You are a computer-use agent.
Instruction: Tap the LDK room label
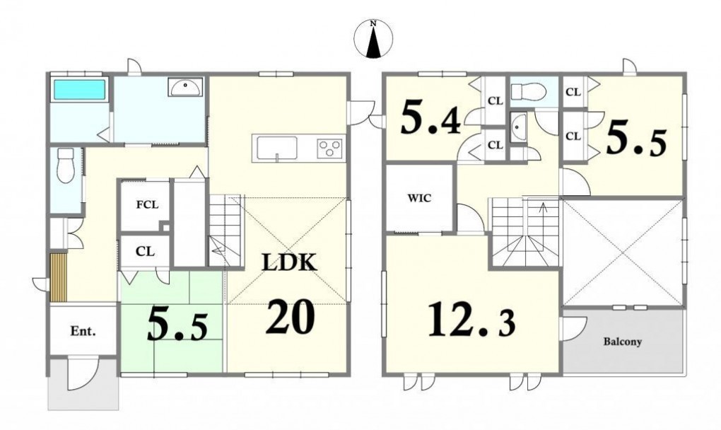coord(290,262)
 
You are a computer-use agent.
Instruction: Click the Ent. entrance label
coord(83,331)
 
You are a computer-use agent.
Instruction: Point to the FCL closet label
coord(147,204)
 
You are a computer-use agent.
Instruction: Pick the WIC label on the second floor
coord(419,198)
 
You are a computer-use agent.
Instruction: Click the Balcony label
coord(623,342)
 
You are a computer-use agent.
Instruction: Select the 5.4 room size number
coord(430,118)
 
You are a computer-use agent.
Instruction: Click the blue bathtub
coord(80,90)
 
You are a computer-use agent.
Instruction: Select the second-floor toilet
coord(528,92)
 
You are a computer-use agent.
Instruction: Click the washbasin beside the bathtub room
coord(185,87)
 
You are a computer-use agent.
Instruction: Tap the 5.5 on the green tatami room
coord(177,324)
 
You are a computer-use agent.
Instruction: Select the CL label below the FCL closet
coord(145,252)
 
